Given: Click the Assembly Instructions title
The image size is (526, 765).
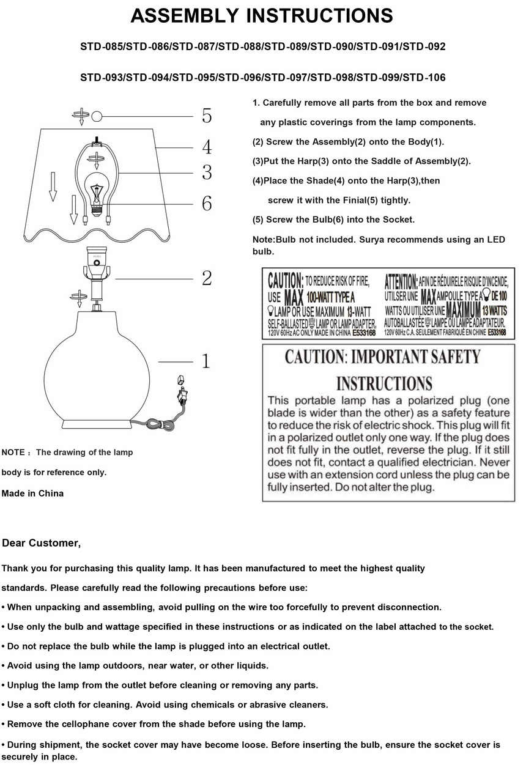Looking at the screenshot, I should point(262,17).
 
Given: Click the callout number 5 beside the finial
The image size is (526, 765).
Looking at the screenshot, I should point(207,116).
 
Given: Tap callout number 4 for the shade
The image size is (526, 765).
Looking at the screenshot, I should point(207,147).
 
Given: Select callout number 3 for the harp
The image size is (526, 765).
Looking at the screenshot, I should point(207,172).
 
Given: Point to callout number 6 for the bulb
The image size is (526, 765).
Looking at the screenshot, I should point(207,203).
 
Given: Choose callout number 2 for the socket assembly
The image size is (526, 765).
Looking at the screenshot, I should point(207,278).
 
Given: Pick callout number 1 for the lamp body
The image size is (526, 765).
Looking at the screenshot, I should point(206,361).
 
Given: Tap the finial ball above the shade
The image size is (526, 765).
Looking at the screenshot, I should point(97,116).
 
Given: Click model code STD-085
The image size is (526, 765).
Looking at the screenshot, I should point(102,46).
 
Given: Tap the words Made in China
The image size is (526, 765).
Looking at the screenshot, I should point(32,493).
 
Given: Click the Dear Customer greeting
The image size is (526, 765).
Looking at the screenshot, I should point(42,543).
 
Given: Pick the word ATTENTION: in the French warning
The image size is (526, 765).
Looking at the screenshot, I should point(401,281).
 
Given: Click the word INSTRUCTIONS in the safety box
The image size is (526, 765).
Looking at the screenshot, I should point(384,384).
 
